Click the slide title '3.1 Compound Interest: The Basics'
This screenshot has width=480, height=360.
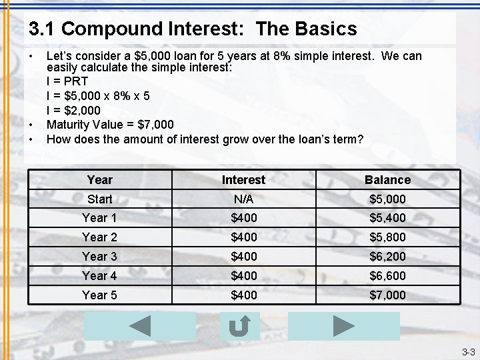[x=193, y=29]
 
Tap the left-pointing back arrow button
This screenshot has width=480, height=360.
[x=140, y=326]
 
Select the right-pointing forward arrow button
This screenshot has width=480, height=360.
[x=343, y=326]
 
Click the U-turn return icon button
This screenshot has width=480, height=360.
[x=239, y=326]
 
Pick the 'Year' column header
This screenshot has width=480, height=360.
[x=100, y=179]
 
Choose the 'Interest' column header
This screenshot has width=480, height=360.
[x=243, y=179]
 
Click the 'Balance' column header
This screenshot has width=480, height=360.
[x=387, y=179]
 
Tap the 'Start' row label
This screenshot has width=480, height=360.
[x=100, y=199]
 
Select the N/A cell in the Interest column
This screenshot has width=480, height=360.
[x=243, y=199]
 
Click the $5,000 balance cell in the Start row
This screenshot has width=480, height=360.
[x=387, y=199]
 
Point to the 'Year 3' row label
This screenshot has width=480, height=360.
[x=99, y=256]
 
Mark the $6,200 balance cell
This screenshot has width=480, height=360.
[x=387, y=256]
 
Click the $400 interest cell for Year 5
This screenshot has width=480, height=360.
[x=243, y=295]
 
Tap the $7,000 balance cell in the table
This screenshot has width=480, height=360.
[x=387, y=295]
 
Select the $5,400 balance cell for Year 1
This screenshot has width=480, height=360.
[x=387, y=217]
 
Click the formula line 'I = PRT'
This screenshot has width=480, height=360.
[x=67, y=81]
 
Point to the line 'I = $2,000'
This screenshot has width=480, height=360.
[x=73, y=110]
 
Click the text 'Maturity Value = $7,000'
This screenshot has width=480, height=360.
[x=110, y=125]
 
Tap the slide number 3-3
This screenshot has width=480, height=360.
[x=468, y=352]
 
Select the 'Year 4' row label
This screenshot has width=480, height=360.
[x=99, y=275]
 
